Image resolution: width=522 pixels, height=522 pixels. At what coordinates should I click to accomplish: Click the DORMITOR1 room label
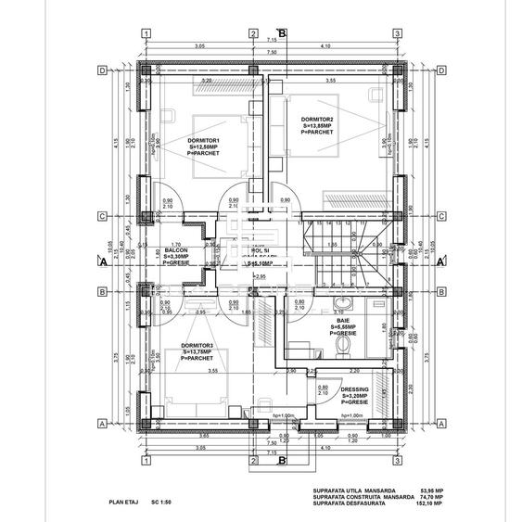(x=203, y=140)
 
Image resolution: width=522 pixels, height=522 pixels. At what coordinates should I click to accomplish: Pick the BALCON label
(x=177, y=249)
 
